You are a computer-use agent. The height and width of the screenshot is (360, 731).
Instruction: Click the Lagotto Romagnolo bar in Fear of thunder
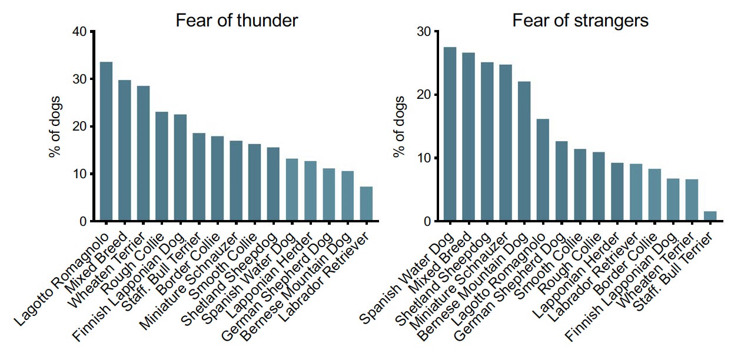pyautogui.click(x=106, y=142)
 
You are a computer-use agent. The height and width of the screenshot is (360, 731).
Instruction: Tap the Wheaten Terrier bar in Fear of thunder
pyautogui.click(x=143, y=154)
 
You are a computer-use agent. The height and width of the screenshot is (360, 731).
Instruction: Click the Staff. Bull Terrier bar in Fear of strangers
pyautogui.click(x=710, y=216)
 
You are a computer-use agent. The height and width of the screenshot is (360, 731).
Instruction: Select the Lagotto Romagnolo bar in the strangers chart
pyautogui.click(x=543, y=171)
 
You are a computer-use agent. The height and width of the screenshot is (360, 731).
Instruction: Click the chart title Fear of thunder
pyautogui.click(x=237, y=21)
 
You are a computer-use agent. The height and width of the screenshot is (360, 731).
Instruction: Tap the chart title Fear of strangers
pyautogui.click(x=580, y=21)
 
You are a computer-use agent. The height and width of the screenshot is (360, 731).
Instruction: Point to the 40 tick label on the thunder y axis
pyautogui.click(x=79, y=32)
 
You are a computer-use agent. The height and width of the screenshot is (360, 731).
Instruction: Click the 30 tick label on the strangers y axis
pyautogui.click(x=423, y=32)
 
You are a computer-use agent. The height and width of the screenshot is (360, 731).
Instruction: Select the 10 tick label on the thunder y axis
pyautogui.click(x=79, y=174)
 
